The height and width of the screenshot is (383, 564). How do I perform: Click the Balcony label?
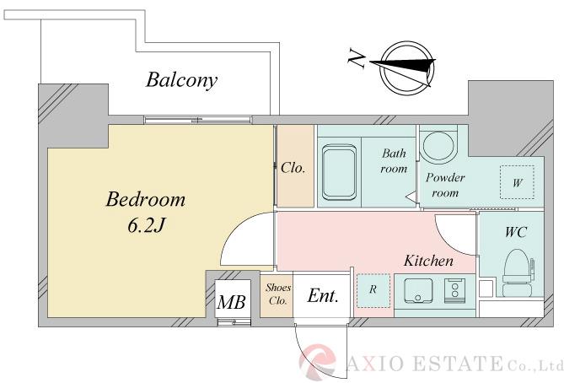[x=181, y=80]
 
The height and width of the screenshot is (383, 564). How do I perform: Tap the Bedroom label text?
[x=144, y=200]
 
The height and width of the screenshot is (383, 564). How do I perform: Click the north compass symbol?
[x=407, y=67]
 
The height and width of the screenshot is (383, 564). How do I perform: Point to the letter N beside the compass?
[x=357, y=60]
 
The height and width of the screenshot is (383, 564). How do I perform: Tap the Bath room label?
[x=394, y=160]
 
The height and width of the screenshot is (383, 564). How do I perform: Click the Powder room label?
[x=445, y=185]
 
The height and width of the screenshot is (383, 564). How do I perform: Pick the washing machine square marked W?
[x=516, y=181]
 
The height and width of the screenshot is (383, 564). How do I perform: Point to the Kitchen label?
[x=427, y=261]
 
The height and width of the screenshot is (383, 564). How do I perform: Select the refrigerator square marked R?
[x=373, y=289]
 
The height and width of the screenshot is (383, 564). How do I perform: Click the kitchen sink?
[x=418, y=291]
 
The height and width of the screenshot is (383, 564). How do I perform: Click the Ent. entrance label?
[x=323, y=296]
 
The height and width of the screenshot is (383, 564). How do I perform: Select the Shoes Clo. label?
[x=277, y=294]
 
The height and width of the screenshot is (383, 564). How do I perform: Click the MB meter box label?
[x=231, y=301]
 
